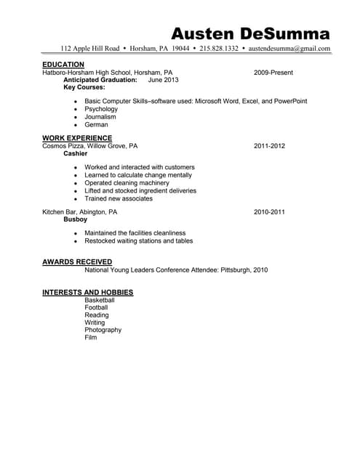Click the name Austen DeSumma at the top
(x=249, y=33)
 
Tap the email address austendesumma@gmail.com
(x=289, y=49)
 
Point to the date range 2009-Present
(x=273, y=73)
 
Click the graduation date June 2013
(x=163, y=80)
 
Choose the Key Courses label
(x=84, y=87)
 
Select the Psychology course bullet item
(x=101, y=109)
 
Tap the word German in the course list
(x=96, y=124)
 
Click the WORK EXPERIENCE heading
(x=77, y=138)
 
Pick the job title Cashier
(x=76, y=153)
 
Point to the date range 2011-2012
(x=269, y=146)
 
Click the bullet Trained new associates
(x=119, y=198)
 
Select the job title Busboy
(x=76, y=219)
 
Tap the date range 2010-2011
(x=269, y=211)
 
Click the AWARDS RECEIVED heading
(x=77, y=262)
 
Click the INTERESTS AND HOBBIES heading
(x=87, y=292)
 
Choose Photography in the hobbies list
(x=103, y=330)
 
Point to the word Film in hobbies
(x=90, y=338)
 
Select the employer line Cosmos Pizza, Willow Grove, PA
(x=89, y=146)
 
